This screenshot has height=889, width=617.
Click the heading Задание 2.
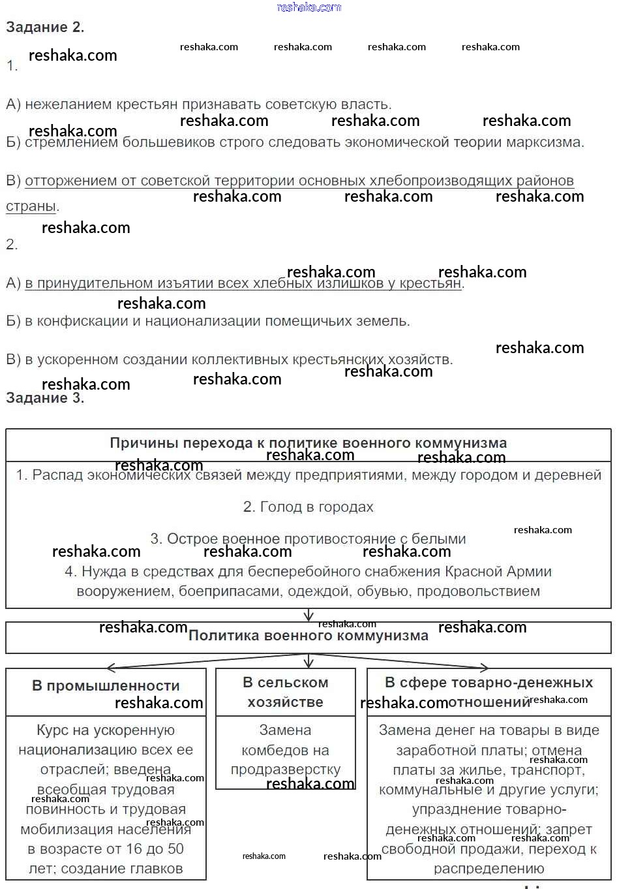[45, 27]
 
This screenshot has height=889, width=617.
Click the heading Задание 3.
[45, 398]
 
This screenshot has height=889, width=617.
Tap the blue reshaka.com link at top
[309, 7]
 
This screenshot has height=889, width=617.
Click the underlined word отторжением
[71, 181]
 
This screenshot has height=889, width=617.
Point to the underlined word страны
[31, 206]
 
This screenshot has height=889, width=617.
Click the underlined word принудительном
[95, 283]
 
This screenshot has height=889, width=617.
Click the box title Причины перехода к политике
[308, 443]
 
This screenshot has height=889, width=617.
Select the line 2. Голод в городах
[308, 507]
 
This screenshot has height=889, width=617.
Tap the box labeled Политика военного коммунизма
[308, 636]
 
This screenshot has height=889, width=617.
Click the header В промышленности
[106, 686]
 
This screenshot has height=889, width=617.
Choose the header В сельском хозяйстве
[285, 693]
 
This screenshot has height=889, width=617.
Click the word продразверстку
[285, 770]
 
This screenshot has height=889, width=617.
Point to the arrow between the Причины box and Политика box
[308, 616]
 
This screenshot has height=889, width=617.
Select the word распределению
[489, 869]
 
